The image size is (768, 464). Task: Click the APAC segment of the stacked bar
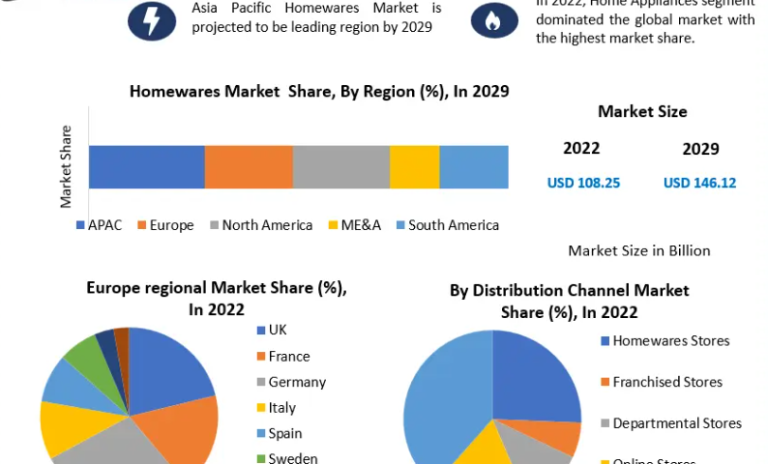tap(146, 166)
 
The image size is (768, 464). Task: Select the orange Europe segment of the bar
tap(249, 166)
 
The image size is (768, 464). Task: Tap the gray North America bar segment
tap(340, 166)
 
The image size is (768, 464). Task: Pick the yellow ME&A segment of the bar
tap(414, 166)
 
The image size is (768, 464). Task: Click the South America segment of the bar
tap(473, 166)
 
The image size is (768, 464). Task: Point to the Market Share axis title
tap(67, 166)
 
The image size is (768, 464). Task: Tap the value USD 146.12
tap(699, 182)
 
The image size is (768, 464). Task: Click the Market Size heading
tap(642, 111)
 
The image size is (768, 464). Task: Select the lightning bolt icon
tap(152, 20)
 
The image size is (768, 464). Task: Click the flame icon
tap(493, 20)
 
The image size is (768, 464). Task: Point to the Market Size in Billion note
tap(638, 250)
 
